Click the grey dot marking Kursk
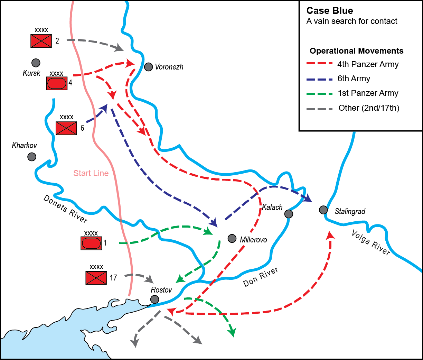(x=36, y=63)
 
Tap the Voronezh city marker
(x=148, y=67)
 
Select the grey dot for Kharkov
(x=31, y=157)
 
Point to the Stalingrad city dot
(x=323, y=210)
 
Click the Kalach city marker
(x=289, y=214)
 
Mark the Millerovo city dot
(x=232, y=238)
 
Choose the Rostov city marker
(x=155, y=299)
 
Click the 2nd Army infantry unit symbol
(x=41, y=41)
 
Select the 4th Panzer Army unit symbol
(x=57, y=83)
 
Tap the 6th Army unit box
(x=66, y=128)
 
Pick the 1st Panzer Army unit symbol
(x=91, y=243)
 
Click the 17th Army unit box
(x=96, y=278)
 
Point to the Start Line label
(x=91, y=173)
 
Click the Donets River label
(x=65, y=209)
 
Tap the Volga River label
(x=371, y=242)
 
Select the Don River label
(x=261, y=277)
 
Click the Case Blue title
(x=330, y=11)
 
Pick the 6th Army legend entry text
(x=354, y=79)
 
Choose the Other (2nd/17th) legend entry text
(x=369, y=108)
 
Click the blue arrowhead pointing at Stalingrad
(x=308, y=199)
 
